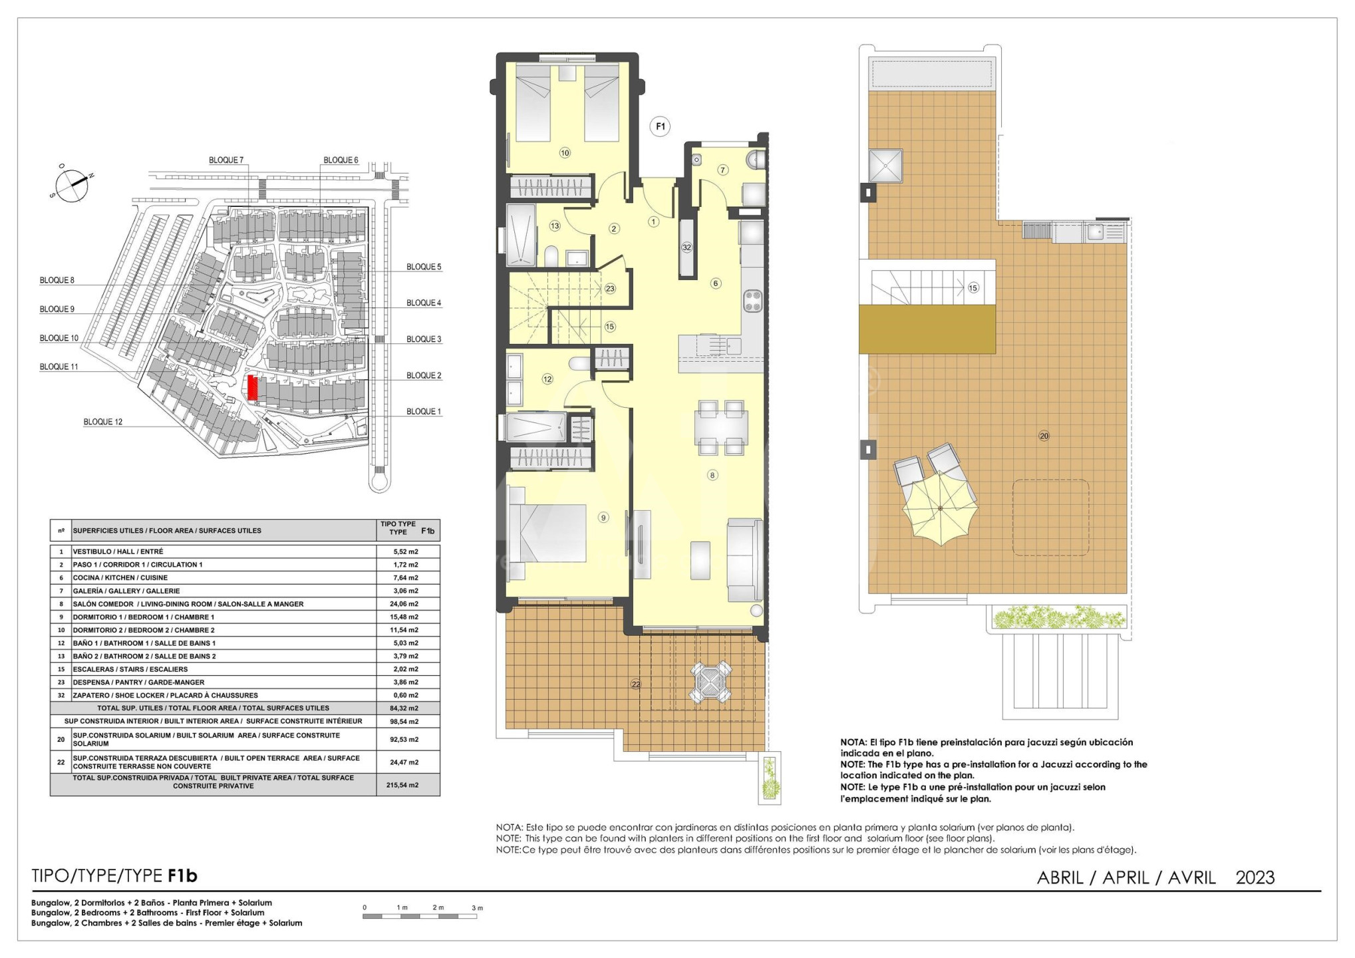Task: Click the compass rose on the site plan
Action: [x=71, y=184]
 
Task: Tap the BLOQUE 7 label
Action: [x=226, y=160]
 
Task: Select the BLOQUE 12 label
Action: [x=103, y=422]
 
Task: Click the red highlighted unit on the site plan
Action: [x=252, y=388]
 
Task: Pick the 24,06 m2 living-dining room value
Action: [x=403, y=604]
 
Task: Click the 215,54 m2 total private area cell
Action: [x=402, y=785]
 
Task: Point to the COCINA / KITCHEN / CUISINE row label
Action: [x=120, y=577]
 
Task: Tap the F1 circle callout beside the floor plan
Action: [x=660, y=126]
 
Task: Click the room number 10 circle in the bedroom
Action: [x=565, y=153]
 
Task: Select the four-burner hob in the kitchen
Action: [x=752, y=301]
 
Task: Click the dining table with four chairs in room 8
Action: [x=720, y=427]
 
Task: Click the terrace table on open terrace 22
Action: [x=710, y=682]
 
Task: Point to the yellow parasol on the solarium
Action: [x=940, y=510]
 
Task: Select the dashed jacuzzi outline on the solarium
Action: [x=1050, y=517]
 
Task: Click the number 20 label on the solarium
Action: [x=1044, y=436]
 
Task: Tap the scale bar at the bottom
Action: [x=420, y=917]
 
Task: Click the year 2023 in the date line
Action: [x=1255, y=878]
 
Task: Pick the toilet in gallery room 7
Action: [x=756, y=160]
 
